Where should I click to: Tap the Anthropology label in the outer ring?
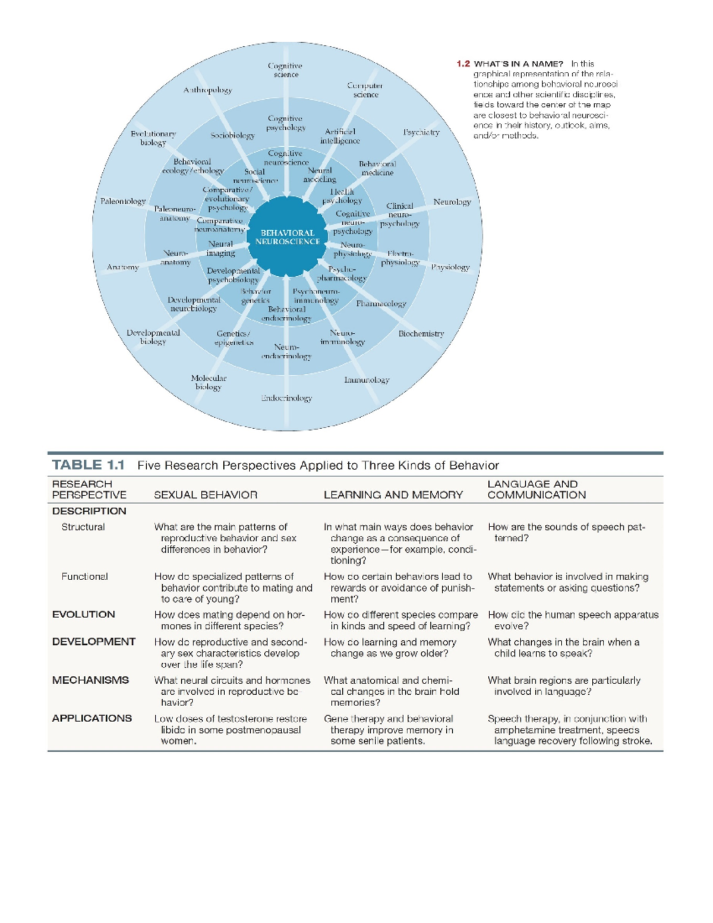click(207, 90)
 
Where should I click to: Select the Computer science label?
click(365, 90)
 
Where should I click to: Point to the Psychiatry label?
click(421, 132)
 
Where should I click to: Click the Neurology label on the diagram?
click(452, 202)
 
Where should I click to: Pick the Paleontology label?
click(123, 201)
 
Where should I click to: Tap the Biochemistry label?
click(421, 333)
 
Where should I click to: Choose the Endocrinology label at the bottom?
click(286, 398)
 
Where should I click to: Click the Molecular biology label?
click(209, 382)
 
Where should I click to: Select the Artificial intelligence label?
click(340, 136)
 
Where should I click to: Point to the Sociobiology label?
click(232, 136)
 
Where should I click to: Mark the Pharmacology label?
click(381, 304)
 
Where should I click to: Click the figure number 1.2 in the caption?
click(463, 64)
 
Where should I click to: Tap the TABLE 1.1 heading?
click(88, 465)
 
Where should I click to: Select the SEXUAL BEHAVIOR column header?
click(206, 494)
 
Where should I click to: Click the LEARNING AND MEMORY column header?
click(393, 494)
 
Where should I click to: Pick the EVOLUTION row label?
click(83, 615)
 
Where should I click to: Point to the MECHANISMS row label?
click(90, 680)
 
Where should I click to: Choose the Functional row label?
click(84, 577)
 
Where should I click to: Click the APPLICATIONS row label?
click(92, 718)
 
